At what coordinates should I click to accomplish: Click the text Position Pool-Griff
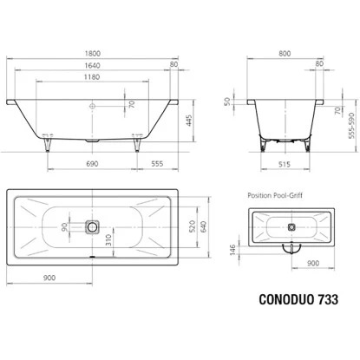point(278,195)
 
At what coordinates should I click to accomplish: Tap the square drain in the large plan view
point(92,227)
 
